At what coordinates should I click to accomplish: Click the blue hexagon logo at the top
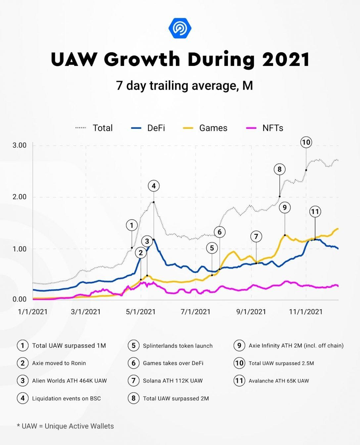[180, 28]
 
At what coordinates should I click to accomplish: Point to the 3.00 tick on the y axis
[20, 145]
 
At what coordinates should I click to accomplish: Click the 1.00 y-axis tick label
[20, 249]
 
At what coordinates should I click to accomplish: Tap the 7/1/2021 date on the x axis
[196, 312]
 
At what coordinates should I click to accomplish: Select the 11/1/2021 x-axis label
[306, 312]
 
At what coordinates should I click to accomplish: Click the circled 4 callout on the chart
[154, 186]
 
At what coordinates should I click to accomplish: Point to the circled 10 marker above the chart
[306, 142]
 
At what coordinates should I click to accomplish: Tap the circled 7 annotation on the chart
[256, 237]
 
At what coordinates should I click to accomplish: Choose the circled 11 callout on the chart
[315, 212]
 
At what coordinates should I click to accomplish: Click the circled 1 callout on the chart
[132, 225]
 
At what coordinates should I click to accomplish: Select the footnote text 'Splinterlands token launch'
[178, 346]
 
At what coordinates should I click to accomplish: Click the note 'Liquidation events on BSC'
[66, 398]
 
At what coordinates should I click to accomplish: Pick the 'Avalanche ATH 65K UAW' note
[279, 381]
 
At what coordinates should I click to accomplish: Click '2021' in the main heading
[286, 60]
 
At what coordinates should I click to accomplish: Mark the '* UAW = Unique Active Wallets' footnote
[65, 426]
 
